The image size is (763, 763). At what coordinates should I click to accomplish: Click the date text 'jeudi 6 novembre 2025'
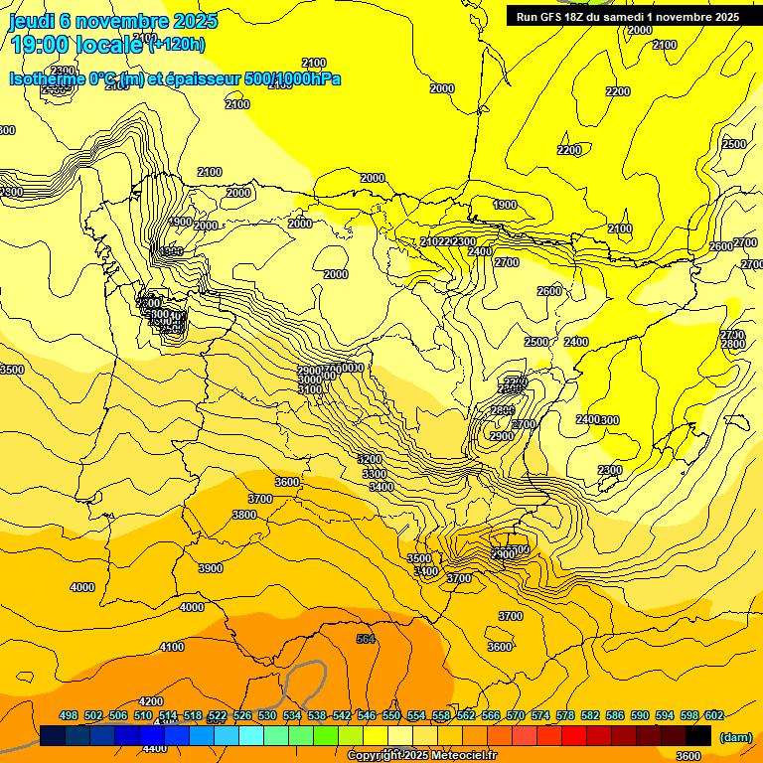coord(113,21)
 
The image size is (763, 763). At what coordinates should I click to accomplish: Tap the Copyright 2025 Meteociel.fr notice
coord(421,755)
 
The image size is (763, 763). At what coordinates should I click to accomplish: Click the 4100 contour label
coord(172,647)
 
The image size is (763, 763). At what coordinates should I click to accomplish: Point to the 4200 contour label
coord(151,701)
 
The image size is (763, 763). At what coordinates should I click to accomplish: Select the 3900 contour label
coord(210,568)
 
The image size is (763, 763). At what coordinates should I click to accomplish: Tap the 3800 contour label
coord(243,515)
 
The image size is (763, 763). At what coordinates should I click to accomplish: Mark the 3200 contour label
coord(370,460)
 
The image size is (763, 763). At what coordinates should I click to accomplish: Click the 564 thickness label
coord(366,639)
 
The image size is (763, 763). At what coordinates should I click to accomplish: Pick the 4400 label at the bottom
coord(155,748)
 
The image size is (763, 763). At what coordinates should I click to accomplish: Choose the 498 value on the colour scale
coord(69,715)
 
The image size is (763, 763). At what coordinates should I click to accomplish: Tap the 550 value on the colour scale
coord(391,715)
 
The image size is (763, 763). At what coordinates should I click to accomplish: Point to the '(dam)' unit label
coord(736,737)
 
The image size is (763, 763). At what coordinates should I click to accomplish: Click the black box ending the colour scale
coord(698,735)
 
